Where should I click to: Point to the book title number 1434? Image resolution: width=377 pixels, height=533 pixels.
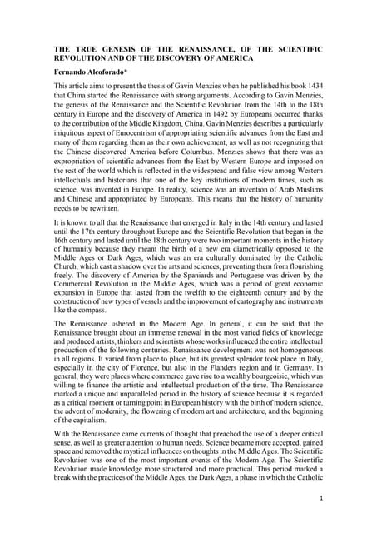coord(313,87)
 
